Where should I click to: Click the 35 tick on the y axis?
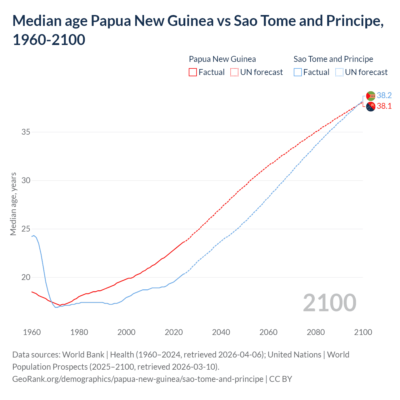26,132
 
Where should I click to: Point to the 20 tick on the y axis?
26,277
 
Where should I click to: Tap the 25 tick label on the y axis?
26,229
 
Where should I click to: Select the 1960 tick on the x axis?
32,332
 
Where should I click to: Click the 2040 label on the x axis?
221,332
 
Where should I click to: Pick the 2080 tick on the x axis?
316,332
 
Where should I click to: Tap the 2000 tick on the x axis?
126,332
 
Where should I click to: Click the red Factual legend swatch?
193,72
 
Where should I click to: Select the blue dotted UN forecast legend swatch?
339,72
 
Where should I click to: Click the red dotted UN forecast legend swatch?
234,72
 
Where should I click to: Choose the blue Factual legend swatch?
298,72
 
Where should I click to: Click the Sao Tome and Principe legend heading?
333,59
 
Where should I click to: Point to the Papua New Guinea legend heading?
222,59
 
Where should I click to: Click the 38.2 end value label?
384,95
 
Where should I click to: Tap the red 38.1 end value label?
384,106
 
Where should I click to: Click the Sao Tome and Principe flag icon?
371,96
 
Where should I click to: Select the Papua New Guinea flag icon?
371,107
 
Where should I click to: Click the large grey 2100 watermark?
329,302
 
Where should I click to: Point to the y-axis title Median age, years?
13,204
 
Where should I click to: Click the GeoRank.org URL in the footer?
138,379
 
